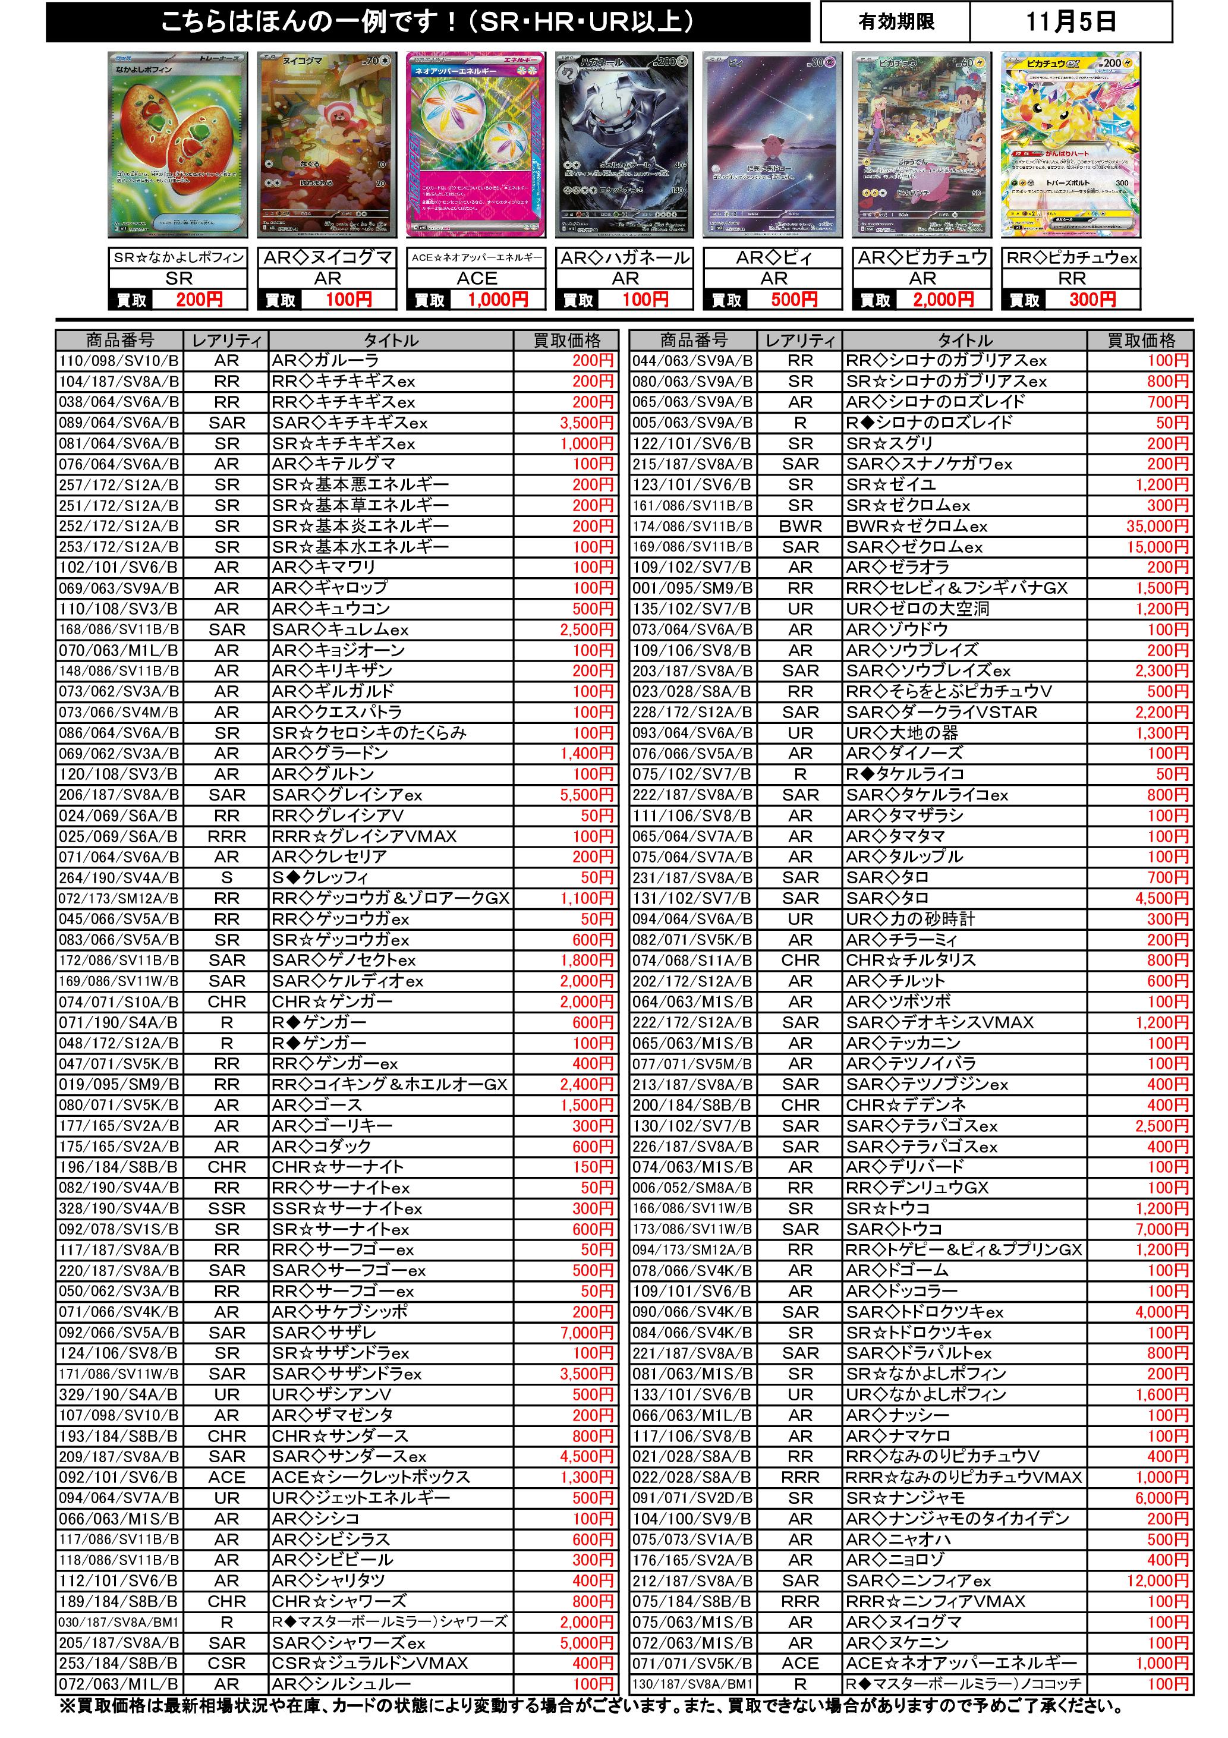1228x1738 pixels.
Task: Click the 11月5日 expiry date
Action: [x=1070, y=22]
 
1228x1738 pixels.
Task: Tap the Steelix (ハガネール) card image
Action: [x=625, y=144]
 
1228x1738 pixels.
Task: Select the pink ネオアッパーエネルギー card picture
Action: [x=476, y=144]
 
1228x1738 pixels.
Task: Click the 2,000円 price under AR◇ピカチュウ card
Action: [x=943, y=300]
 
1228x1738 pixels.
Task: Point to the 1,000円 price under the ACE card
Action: [x=498, y=300]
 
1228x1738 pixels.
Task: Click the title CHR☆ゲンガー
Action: [x=332, y=1002]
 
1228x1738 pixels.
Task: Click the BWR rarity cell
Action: [x=800, y=526]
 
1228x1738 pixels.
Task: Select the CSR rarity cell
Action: [x=227, y=1663]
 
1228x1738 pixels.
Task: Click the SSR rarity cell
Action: [x=227, y=1209]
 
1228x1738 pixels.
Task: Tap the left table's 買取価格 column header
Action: [x=566, y=341]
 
